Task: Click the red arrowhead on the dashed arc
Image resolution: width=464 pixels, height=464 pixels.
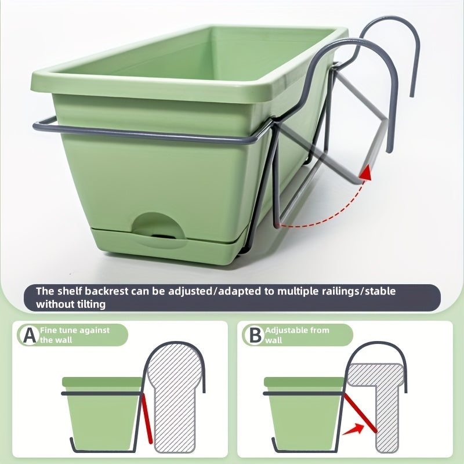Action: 366,173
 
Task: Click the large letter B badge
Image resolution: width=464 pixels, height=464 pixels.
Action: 255,335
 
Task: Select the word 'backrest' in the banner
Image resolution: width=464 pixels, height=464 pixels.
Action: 107,292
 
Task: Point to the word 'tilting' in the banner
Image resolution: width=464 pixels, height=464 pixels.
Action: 91,304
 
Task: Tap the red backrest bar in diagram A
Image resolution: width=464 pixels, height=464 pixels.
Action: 147,419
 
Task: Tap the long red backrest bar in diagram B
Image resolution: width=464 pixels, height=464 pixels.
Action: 360,413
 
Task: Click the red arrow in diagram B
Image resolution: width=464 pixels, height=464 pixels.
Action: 353,429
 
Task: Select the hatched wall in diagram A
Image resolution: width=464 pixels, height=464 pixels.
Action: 175,397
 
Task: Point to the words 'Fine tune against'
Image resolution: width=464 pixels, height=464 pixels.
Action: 75,330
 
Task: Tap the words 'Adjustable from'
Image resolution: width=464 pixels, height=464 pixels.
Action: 297,330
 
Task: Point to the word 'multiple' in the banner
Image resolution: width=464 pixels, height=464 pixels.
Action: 297,292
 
